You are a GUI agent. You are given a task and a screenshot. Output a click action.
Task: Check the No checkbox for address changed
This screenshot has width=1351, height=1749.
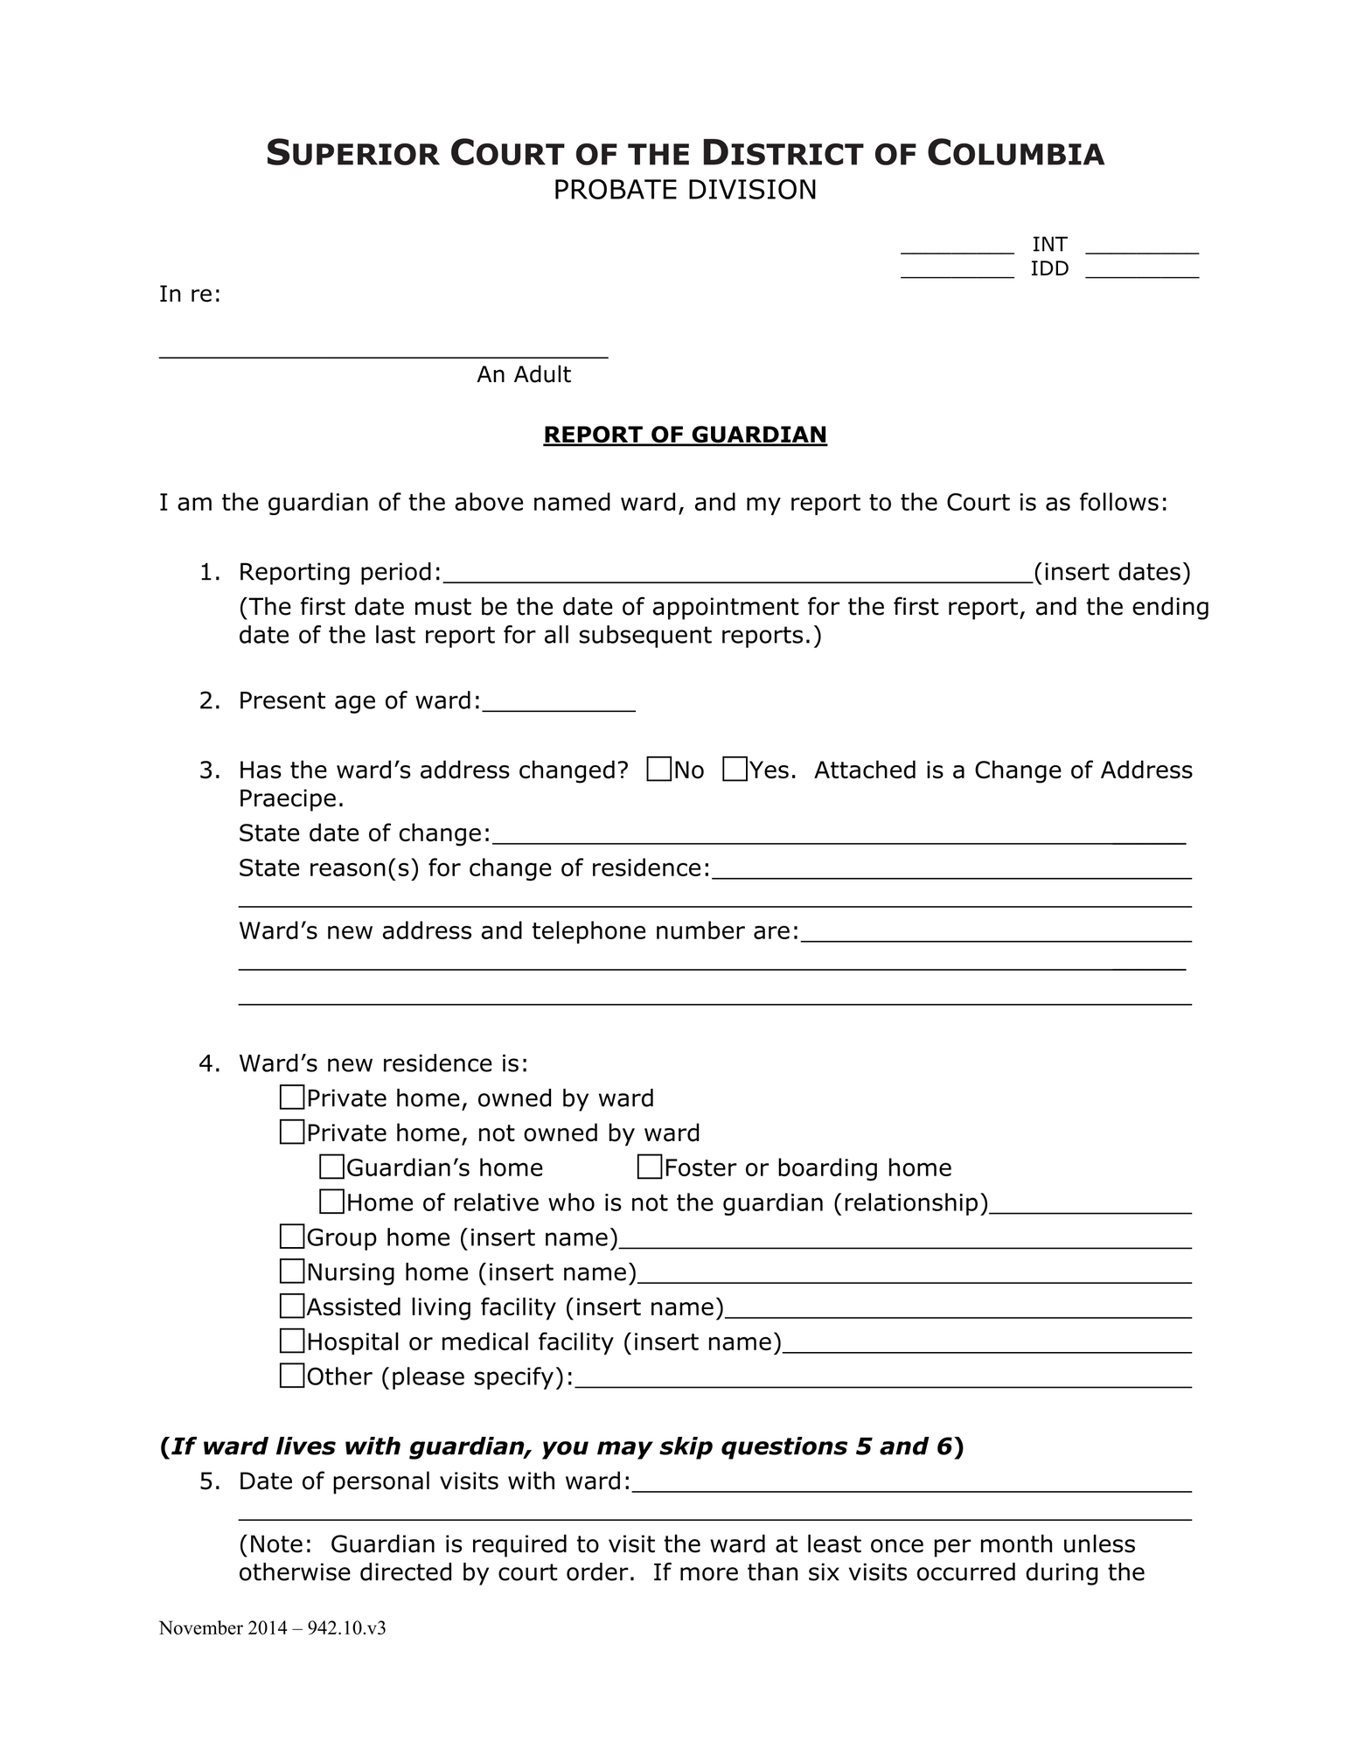[x=659, y=770]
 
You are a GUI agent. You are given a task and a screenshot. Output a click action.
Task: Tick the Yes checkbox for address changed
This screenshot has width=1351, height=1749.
[x=735, y=770]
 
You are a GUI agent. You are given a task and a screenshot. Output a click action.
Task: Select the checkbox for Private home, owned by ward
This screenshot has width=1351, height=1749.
[x=292, y=1097]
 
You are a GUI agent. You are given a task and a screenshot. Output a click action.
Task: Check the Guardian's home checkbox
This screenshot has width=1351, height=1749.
[x=331, y=1167]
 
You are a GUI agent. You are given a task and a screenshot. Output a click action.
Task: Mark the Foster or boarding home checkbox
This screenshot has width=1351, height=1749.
[x=650, y=1167]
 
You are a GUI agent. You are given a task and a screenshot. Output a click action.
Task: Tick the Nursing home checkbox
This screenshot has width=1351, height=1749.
[x=292, y=1272]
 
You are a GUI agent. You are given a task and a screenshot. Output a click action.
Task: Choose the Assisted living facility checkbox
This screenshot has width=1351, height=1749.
[x=292, y=1307]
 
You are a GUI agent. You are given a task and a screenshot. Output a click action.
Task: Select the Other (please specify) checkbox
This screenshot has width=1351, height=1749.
[x=292, y=1376]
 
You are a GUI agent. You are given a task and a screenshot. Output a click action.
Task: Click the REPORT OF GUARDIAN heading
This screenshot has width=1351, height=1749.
[x=685, y=435]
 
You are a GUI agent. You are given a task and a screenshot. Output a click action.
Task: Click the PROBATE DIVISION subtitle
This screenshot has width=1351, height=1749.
[x=685, y=190]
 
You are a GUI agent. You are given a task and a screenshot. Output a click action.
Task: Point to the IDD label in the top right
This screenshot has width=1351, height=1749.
[x=1049, y=268]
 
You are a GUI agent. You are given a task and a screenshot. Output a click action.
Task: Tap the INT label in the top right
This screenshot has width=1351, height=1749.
[x=1049, y=245]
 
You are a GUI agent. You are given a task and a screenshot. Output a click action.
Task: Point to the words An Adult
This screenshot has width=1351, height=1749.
[x=524, y=375]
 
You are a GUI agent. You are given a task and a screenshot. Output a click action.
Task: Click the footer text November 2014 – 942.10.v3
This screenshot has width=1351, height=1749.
[x=272, y=1628]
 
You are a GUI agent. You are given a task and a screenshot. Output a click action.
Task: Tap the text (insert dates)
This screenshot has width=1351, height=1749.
[x=1112, y=572]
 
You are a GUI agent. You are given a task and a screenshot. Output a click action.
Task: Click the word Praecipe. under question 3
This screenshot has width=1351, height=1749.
[x=291, y=798]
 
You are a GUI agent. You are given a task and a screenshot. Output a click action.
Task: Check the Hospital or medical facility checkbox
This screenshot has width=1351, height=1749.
[x=292, y=1341]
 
